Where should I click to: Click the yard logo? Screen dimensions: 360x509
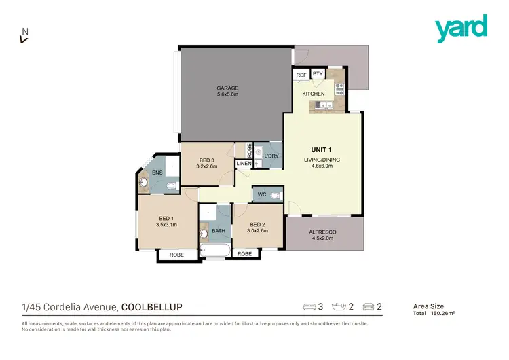click(461, 29)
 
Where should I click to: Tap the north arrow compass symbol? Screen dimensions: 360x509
click(24, 35)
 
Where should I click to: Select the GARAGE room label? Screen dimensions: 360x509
click(227, 88)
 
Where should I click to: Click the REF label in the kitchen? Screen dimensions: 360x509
click(301, 75)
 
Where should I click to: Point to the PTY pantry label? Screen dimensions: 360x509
click(318, 75)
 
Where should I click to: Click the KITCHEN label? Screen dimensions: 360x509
click(314, 94)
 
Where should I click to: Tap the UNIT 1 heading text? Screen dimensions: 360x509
click(321, 149)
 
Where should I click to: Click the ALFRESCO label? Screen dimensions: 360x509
click(324, 232)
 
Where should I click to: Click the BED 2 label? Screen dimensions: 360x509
click(258, 224)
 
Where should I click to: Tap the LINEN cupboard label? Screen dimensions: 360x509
click(244, 164)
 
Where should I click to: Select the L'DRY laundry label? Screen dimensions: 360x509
click(271, 156)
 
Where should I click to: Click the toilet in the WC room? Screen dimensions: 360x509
click(275, 195)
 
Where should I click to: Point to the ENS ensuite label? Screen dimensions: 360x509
click(157, 173)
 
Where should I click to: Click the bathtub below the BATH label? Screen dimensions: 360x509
click(216, 252)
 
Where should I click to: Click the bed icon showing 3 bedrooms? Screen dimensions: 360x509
click(310, 307)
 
